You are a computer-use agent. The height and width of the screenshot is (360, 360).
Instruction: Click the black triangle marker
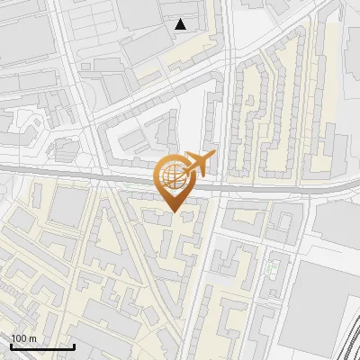coord(182,24)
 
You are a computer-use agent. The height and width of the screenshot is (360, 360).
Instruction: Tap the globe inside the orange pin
coord(173,175)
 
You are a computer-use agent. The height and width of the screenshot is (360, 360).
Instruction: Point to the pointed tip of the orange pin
coord(174,212)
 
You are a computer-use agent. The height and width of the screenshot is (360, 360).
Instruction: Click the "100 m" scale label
coord(24,338)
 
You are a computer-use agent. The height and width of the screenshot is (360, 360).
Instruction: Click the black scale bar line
coord(41,346)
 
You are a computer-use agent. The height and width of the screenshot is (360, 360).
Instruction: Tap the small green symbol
coord(274,268)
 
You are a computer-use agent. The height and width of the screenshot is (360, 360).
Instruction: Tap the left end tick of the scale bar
coord(10,345)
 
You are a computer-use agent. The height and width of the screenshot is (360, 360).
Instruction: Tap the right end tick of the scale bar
coord(73,345)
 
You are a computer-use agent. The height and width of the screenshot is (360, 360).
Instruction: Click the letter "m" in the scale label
coord(32,338)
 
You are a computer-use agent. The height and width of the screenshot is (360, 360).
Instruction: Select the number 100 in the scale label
coord(20,338)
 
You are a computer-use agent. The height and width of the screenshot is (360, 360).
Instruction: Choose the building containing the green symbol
coord(274,270)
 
